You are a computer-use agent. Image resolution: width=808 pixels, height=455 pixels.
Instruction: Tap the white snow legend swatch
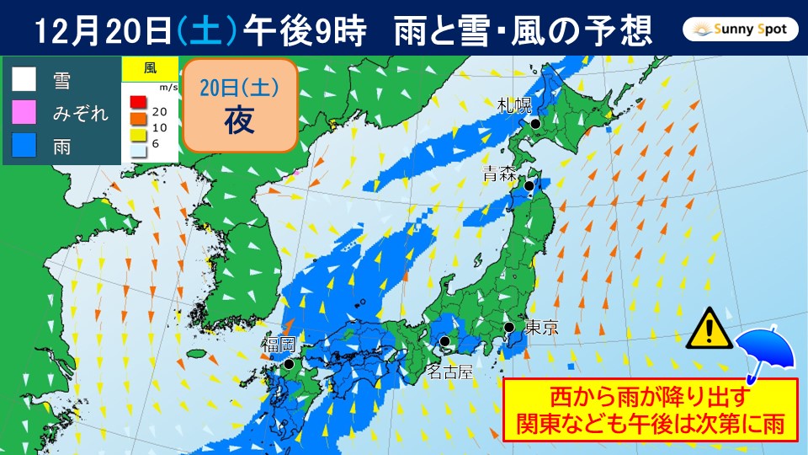(24, 80)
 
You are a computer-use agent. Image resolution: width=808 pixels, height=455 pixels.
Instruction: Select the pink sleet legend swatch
(24, 113)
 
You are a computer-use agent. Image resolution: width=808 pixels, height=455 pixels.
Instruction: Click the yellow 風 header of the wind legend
(150, 67)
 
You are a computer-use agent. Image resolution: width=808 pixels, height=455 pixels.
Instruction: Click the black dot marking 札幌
(534, 124)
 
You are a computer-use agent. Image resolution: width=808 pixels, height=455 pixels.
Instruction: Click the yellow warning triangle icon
(708, 329)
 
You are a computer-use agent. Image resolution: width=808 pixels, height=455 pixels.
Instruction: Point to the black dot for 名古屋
(444, 342)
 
